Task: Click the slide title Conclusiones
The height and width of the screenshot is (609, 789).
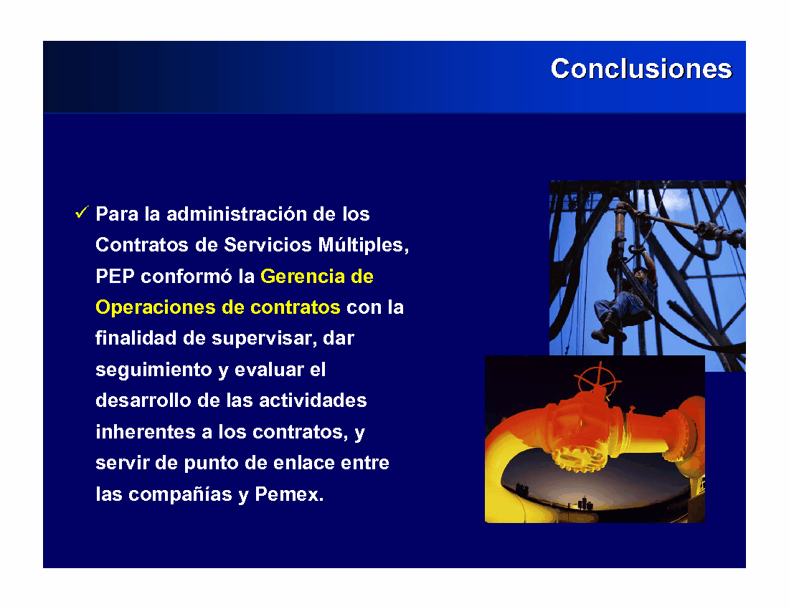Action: (x=641, y=69)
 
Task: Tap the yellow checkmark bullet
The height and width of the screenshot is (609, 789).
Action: (x=82, y=212)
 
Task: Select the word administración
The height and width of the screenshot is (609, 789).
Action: (x=237, y=214)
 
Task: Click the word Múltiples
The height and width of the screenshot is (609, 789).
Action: (x=364, y=245)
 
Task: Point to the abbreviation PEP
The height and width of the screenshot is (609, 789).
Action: (x=115, y=277)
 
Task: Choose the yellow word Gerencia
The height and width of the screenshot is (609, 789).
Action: (x=303, y=277)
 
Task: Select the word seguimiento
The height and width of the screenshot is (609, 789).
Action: (x=153, y=370)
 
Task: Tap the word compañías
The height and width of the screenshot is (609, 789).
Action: (x=180, y=494)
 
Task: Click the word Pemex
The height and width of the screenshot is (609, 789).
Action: (x=289, y=494)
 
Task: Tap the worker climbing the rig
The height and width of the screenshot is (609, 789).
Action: (x=624, y=297)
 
